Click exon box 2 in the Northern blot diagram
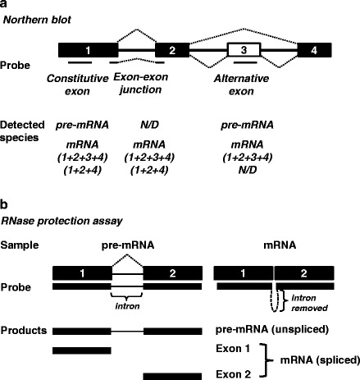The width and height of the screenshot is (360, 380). tap(171, 51)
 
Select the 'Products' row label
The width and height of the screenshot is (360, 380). tap(25, 331)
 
